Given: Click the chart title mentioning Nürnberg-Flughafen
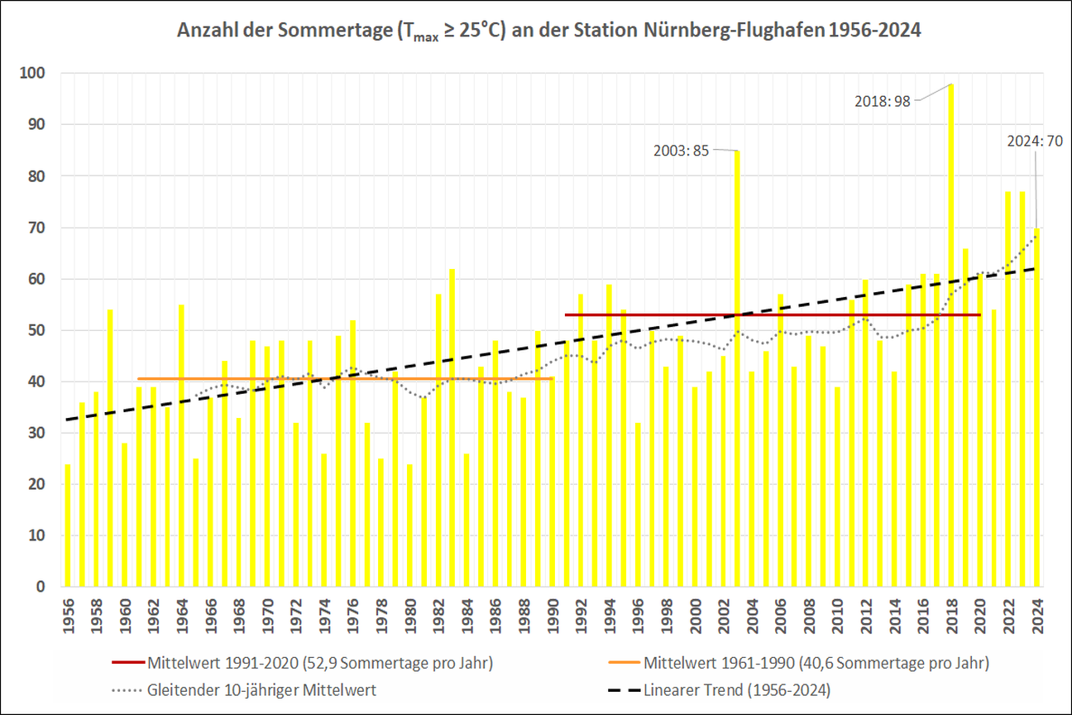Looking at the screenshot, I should (549, 31).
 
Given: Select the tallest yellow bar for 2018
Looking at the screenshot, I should (951, 331).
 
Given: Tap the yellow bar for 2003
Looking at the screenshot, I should (737, 372).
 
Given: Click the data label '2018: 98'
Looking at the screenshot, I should (883, 101).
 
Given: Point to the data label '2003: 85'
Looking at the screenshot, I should (682, 151).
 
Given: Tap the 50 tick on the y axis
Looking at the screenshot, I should (36, 330).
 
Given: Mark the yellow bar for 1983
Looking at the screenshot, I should (452, 430).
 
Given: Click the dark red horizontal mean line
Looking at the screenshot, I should (662, 314).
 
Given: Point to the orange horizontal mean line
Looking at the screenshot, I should (248, 379).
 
